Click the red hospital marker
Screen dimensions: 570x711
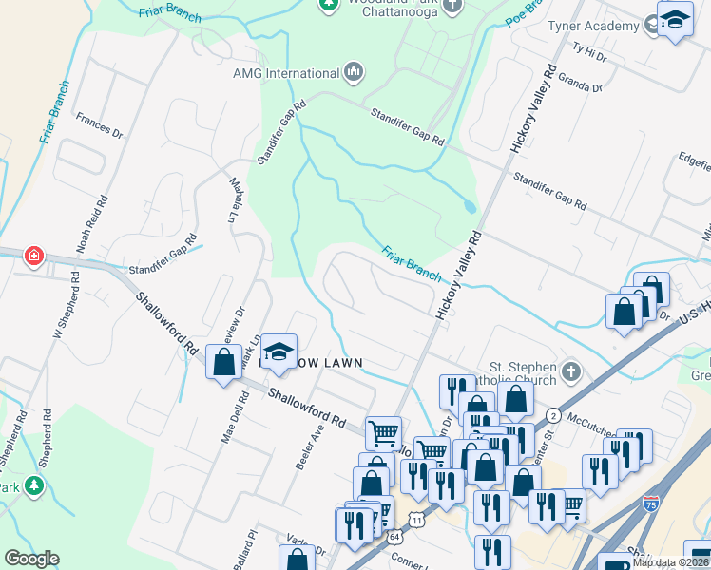pos(33,256)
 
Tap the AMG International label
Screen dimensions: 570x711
pos(286,73)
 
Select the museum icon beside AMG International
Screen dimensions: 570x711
pos(354,72)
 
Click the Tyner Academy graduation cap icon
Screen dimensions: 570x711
pos(674,20)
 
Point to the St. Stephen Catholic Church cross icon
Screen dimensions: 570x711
pos(569,370)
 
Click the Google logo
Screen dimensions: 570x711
pos(31,559)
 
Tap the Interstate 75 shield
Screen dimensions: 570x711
pos(651,504)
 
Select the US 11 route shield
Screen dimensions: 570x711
pos(416,519)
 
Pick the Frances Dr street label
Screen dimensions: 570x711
pos(100,126)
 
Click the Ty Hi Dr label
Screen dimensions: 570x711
pos(589,53)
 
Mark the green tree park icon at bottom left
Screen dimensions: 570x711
pos(35,486)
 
